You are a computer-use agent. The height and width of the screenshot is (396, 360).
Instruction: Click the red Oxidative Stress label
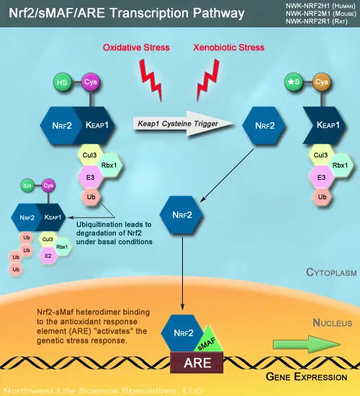[136, 48]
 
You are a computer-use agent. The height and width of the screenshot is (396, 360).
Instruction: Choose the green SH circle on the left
[28, 186]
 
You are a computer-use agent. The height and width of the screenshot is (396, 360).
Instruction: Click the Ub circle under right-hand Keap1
[323, 196]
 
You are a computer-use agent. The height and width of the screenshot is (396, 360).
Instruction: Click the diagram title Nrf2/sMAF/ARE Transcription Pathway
[127, 13]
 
